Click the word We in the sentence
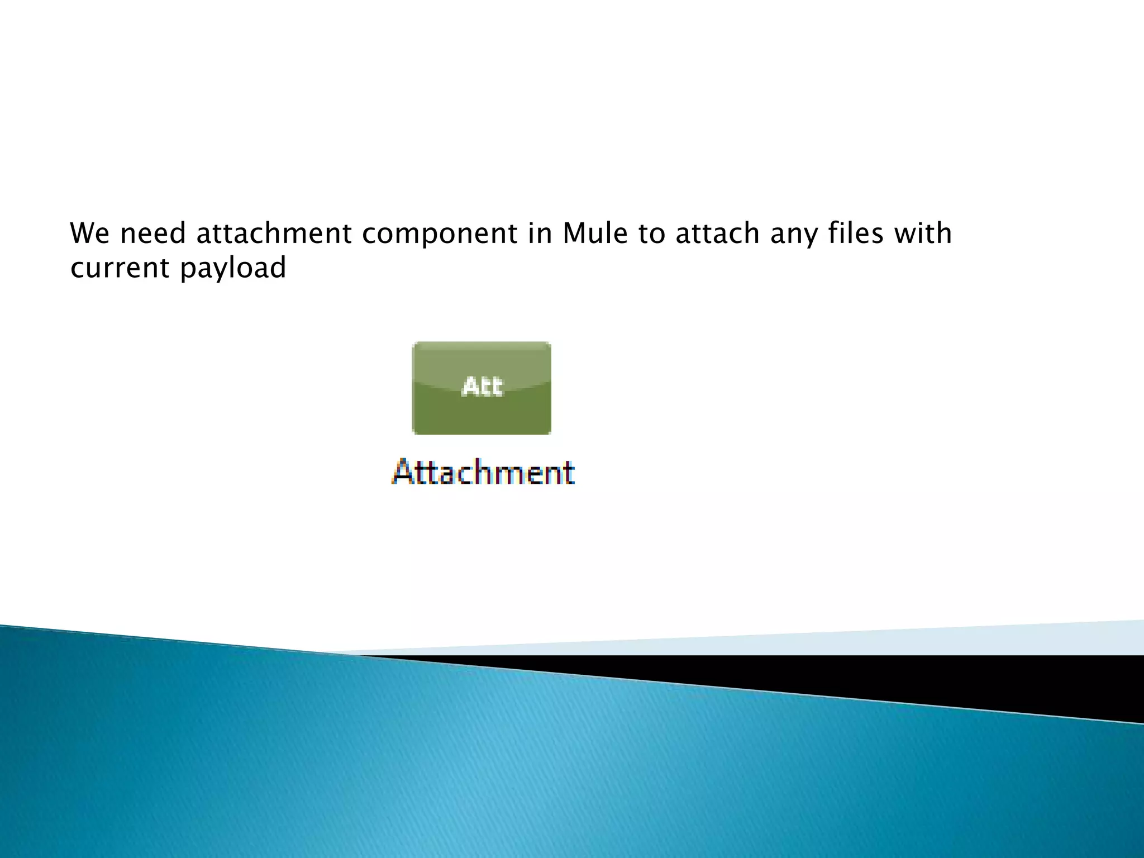pyautogui.click(x=89, y=233)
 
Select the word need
pyautogui.click(x=152, y=233)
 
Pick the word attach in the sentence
pyautogui.click(x=717, y=233)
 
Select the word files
pyautogui.click(x=856, y=233)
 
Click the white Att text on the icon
pyautogui.click(x=482, y=386)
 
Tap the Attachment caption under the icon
pyautogui.click(x=483, y=473)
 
